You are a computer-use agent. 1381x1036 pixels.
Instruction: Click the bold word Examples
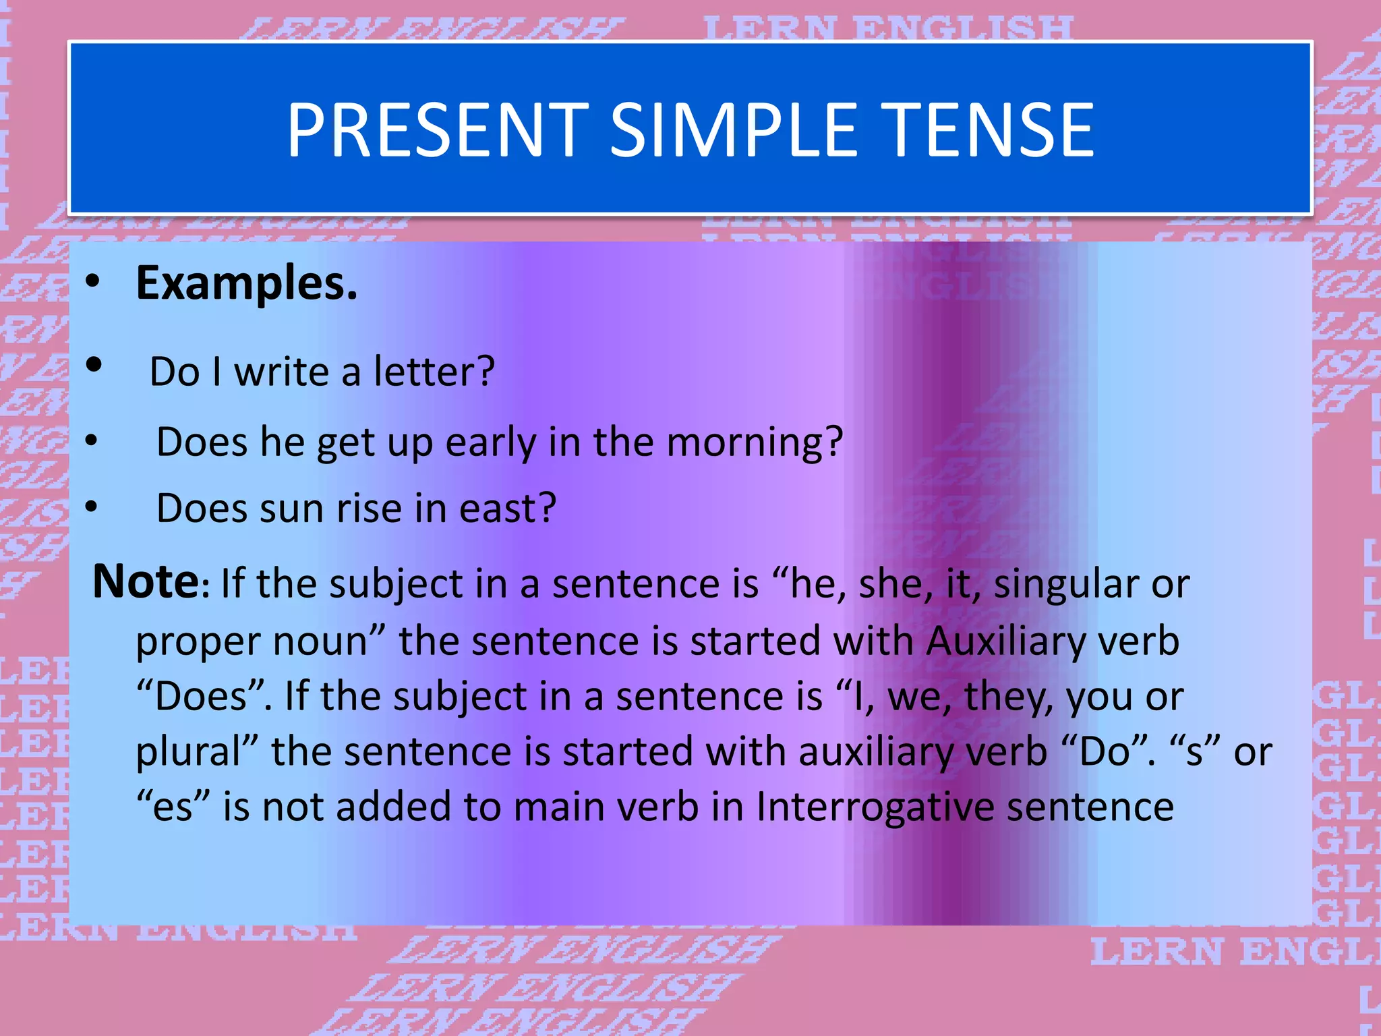[x=246, y=283]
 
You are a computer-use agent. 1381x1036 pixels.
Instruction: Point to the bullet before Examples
[x=93, y=282]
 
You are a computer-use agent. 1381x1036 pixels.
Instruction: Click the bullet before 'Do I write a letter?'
[x=94, y=365]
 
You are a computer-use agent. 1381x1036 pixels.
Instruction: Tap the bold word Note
[x=146, y=581]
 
